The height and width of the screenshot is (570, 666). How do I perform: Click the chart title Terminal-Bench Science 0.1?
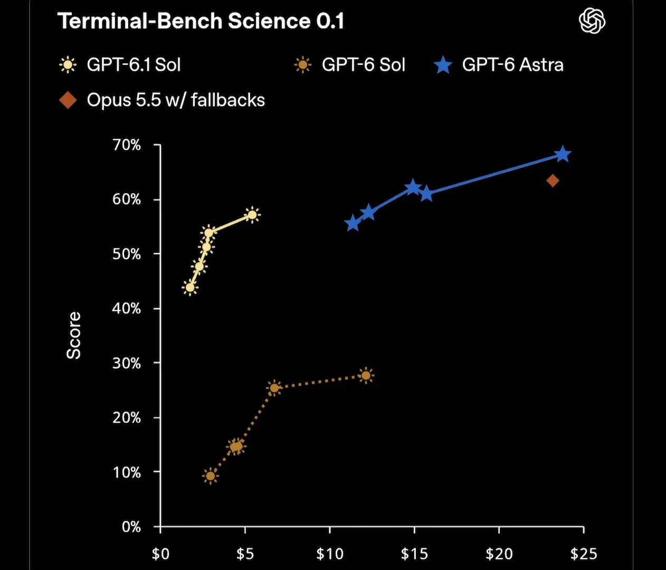point(201,21)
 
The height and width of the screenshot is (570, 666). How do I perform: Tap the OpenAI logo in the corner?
point(592,21)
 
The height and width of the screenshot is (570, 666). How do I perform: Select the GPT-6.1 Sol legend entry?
point(120,65)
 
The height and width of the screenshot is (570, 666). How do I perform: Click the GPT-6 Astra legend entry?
point(499,65)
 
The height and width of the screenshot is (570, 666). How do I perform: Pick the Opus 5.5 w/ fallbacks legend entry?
point(162,100)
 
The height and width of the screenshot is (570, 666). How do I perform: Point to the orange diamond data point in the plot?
point(553,180)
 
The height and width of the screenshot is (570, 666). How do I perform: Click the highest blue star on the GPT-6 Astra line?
point(563,154)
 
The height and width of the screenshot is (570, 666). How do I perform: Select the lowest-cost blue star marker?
point(353,223)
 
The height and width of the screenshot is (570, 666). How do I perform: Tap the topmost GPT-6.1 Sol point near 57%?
point(253,215)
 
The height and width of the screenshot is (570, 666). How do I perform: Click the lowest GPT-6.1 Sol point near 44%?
point(190,288)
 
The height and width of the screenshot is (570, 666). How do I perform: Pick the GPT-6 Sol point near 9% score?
point(211,476)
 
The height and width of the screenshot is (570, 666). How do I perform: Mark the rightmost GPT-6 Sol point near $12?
point(366,376)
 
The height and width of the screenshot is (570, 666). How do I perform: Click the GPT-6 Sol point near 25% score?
point(274,388)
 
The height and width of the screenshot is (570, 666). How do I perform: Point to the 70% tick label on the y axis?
point(126,145)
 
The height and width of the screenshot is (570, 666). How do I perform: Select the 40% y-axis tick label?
point(126,309)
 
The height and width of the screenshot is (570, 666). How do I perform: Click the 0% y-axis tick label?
point(131,527)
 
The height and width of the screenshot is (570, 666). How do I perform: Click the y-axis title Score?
point(73,335)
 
